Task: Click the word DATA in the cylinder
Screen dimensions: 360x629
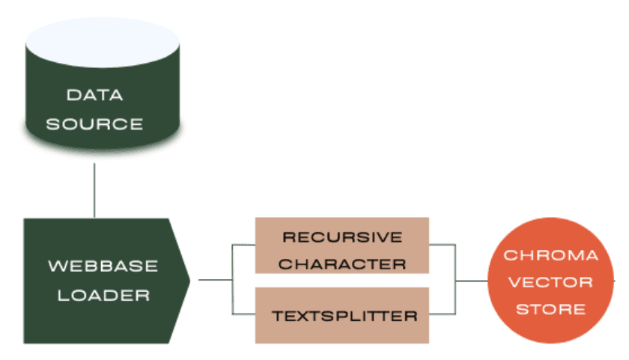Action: (94, 96)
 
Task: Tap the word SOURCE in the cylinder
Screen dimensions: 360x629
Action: (94, 123)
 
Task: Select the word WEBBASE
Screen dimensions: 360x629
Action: (103, 266)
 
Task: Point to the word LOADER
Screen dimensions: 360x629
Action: (103, 295)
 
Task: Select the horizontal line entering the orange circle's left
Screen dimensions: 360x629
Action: (472, 281)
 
